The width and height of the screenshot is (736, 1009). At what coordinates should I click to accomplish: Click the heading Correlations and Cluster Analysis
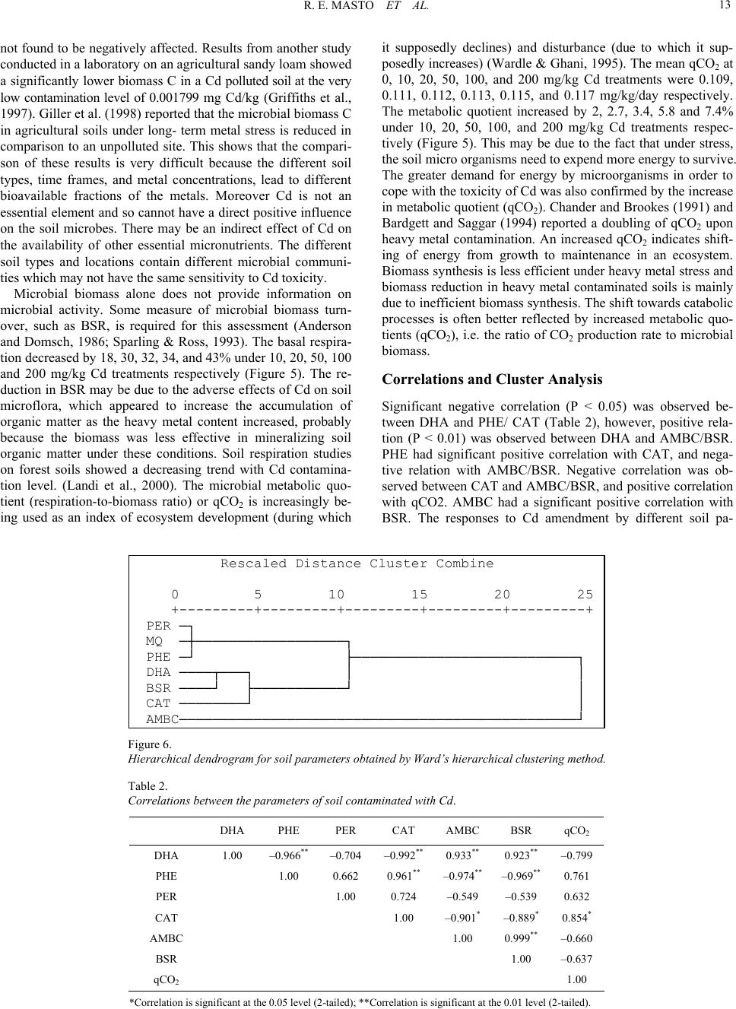pos(492,379)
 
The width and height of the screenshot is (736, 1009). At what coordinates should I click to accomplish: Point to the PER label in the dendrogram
pos(158,626)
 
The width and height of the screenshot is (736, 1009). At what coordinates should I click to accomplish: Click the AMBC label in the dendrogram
pos(162,719)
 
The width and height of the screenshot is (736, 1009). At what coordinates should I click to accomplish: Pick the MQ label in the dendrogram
pos(154,641)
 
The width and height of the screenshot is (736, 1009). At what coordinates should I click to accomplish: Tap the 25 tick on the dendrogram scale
pos(585,595)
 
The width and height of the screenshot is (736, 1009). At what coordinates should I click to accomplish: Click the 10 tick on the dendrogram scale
pos(336,595)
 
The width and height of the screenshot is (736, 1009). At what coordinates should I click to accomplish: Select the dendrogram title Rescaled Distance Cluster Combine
pos(357,563)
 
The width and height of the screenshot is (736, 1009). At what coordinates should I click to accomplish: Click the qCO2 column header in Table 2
pos(576,831)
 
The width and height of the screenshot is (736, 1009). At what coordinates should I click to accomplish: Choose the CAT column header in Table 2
pos(403,831)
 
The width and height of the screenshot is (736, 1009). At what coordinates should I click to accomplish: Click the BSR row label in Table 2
pos(166,960)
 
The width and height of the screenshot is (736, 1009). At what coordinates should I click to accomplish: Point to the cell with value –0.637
pos(576,960)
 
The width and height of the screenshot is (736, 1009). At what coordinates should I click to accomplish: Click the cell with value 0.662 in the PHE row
pos(346,876)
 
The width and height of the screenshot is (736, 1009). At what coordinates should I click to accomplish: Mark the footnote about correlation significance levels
pos(360,1001)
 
